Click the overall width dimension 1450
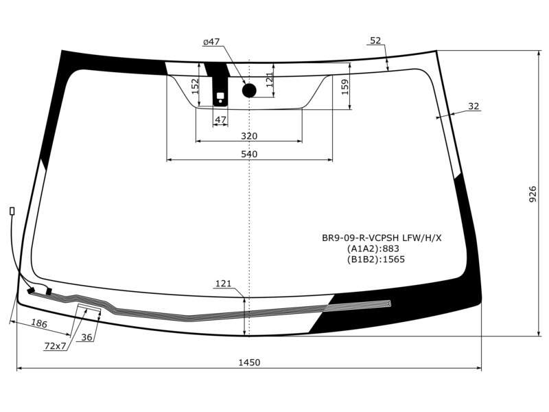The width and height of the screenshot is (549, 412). [249, 363]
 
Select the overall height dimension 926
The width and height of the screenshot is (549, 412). [533, 194]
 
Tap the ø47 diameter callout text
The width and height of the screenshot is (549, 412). [211, 42]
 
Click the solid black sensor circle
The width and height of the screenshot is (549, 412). [249, 91]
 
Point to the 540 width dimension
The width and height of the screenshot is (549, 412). [249, 154]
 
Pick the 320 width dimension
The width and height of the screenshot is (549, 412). [249, 136]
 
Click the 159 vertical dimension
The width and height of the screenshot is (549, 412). [345, 88]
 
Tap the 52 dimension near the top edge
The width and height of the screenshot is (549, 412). [375, 41]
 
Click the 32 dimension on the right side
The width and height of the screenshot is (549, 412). [474, 106]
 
